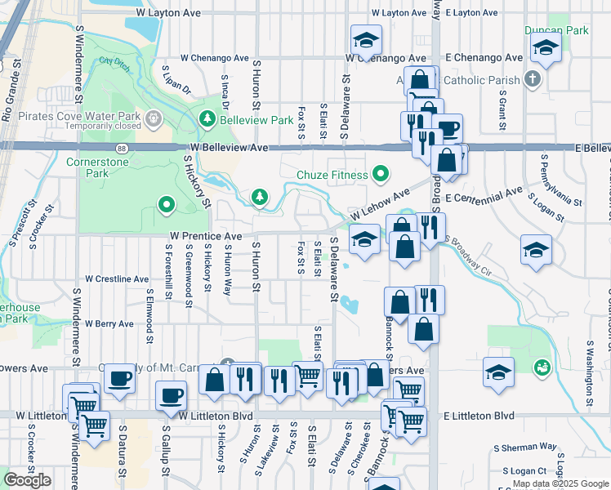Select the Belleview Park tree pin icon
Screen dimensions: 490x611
point(207,120)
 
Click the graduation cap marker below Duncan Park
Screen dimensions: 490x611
point(545,50)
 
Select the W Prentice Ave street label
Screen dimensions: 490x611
point(206,235)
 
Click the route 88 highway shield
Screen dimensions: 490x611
point(122,148)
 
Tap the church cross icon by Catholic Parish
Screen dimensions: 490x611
point(533,80)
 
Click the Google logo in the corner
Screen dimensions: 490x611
point(27,480)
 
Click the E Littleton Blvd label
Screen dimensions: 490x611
point(479,416)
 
